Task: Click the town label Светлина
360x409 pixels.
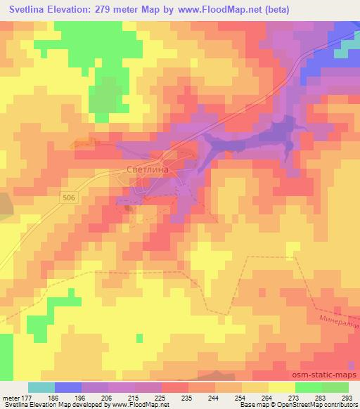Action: coord(148,169)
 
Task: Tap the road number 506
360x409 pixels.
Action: coord(67,198)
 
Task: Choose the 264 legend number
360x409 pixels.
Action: coord(266,398)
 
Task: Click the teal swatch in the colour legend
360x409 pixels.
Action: coord(41,388)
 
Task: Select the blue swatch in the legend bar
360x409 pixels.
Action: coord(68,388)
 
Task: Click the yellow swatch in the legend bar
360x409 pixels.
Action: coord(281,388)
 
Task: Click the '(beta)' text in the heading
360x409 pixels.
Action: coord(278,11)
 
